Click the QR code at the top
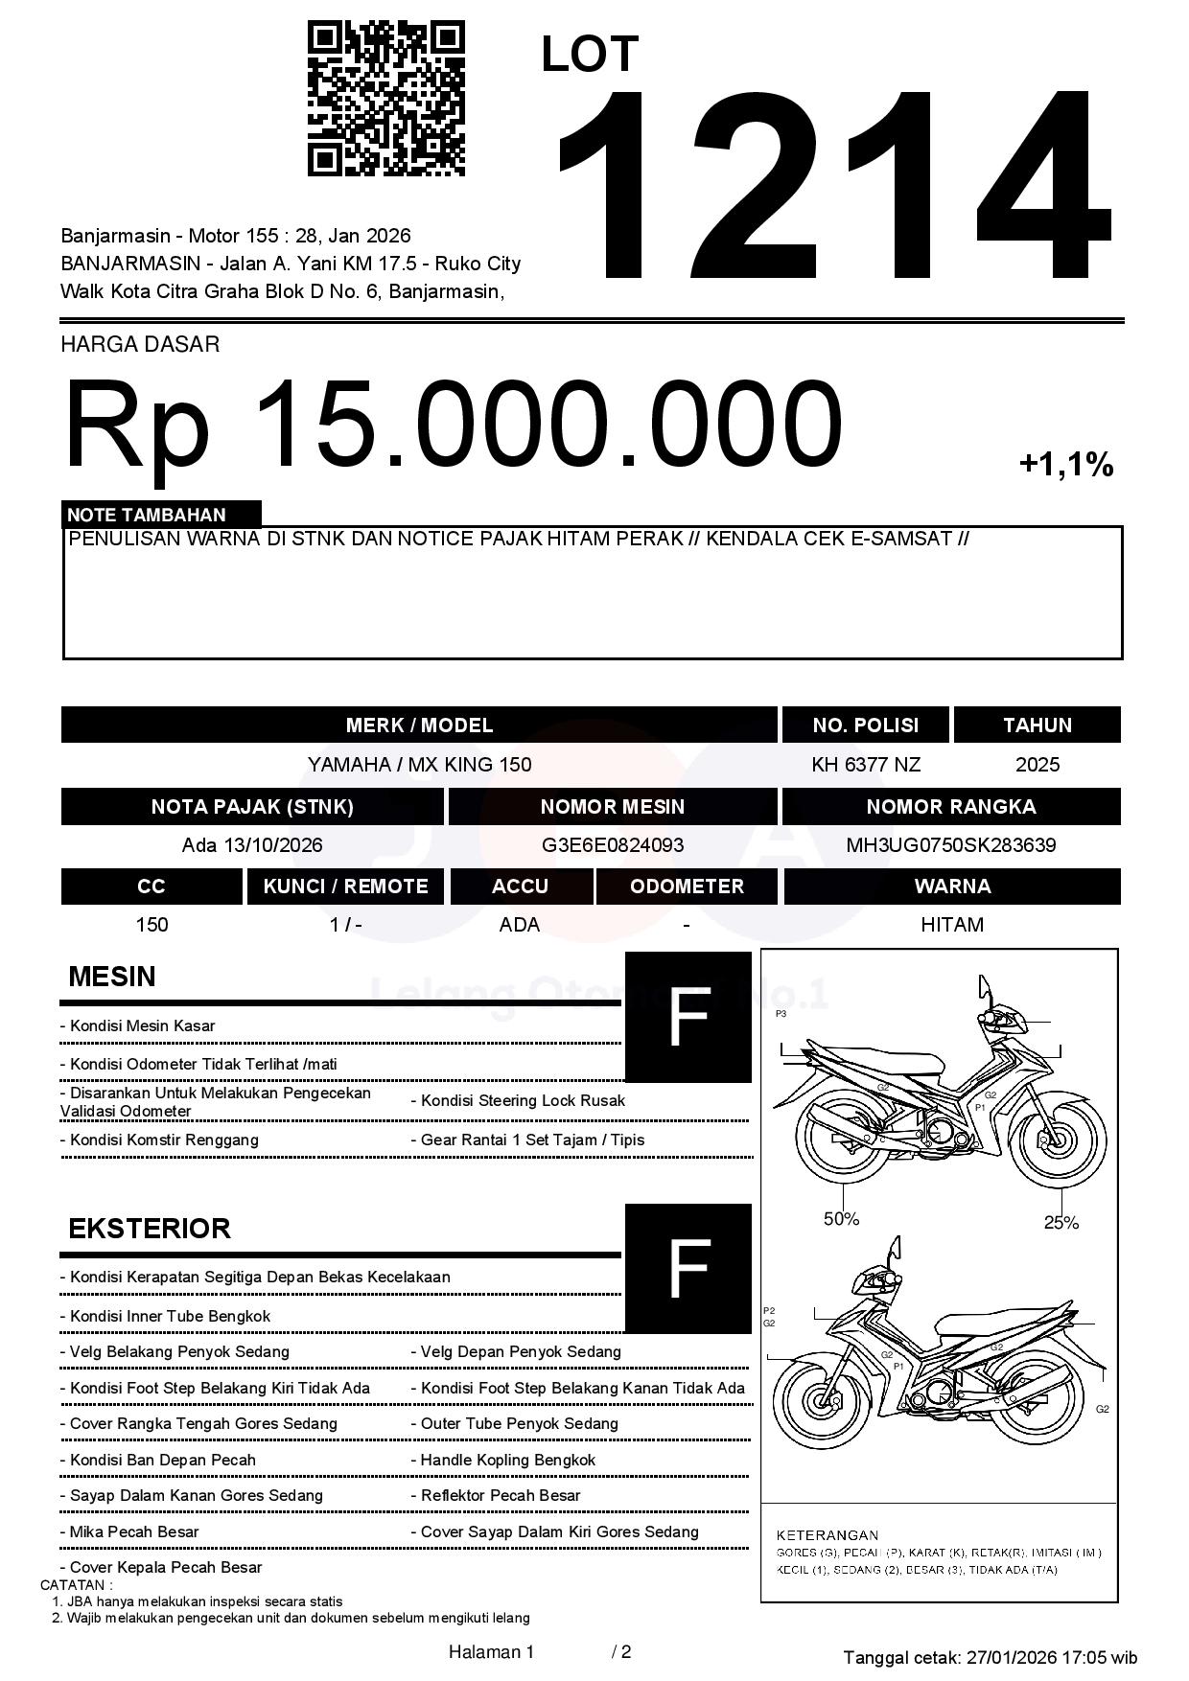(385, 99)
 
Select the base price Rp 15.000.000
(453, 424)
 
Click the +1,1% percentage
(1065, 465)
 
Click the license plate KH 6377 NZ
(865, 765)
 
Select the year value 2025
(1037, 765)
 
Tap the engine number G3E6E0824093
(612, 845)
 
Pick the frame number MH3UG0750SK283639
(950, 845)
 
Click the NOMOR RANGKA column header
(950, 806)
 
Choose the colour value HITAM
(951, 925)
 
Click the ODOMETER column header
(687, 887)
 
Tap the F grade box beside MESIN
(688, 1017)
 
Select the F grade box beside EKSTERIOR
(688, 1268)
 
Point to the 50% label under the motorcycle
(841, 1219)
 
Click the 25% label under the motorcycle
(1061, 1222)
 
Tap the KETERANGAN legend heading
(827, 1535)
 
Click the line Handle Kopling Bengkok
(507, 1460)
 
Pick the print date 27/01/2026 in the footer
(1010, 1657)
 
